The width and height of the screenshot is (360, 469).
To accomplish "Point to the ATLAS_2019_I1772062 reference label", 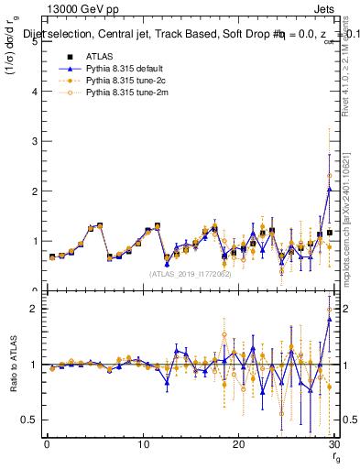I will (x=189, y=274).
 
